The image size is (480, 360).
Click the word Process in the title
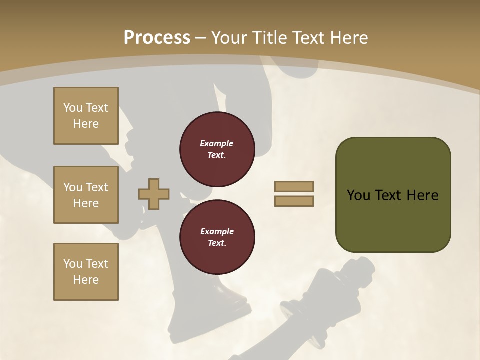[157, 38]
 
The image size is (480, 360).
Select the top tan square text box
[86, 116]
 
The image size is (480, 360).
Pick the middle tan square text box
[86, 195]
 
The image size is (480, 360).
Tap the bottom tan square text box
[86, 272]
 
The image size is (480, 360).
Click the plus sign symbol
[154, 194]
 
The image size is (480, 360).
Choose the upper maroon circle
[217, 149]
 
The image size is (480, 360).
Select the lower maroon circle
[217, 237]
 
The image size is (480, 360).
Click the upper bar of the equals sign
[294, 186]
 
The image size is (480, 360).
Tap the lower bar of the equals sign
[294, 201]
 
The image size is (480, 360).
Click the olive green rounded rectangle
[393, 195]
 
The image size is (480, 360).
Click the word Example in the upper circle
[217, 143]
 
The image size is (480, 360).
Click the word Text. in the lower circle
[217, 243]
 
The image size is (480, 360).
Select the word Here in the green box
[422, 195]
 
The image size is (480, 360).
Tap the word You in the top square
[73, 108]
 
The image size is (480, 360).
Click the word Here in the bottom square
[86, 280]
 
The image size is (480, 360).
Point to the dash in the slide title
[200, 38]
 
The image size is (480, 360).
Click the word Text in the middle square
[97, 187]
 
